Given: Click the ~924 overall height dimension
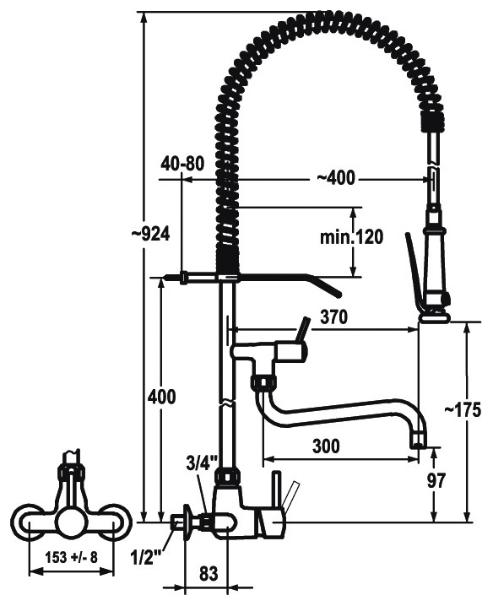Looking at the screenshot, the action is [x=150, y=234].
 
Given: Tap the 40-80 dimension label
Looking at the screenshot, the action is [x=183, y=164].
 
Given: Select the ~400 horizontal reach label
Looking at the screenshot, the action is [x=336, y=178].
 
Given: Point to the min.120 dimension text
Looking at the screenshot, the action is [x=351, y=237].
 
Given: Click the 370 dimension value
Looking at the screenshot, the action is [x=334, y=317].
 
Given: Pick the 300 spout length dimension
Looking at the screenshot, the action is [x=327, y=446].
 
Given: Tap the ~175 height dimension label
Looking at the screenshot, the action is [x=463, y=409].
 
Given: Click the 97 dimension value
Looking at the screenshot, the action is [x=436, y=480].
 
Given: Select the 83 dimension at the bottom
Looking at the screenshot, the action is [x=209, y=574].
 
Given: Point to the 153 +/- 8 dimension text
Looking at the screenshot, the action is [x=72, y=557].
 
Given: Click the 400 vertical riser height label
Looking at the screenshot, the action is [x=161, y=397].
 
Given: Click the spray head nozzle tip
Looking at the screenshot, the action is [x=436, y=318].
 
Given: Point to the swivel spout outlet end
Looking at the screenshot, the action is [x=419, y=441].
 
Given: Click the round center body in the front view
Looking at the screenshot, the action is [x=71, y=522].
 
